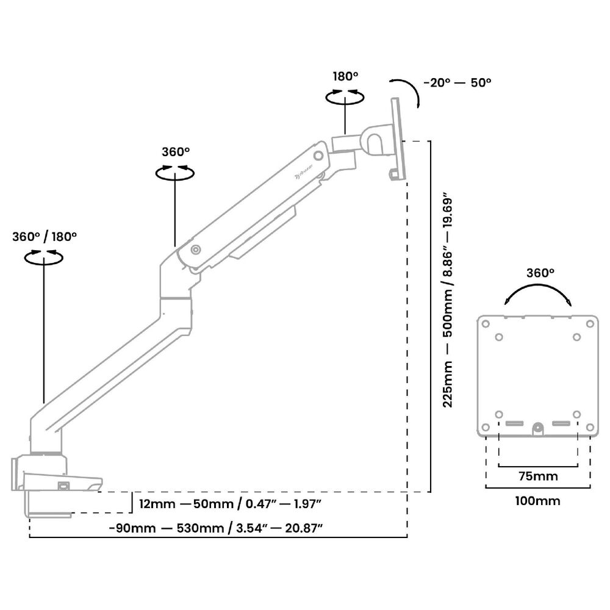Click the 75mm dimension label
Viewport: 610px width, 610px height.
(537, 475)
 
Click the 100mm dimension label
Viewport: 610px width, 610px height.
(537, 501)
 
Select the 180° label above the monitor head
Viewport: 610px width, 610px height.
(345, 76)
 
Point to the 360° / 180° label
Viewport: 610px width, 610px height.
(45, 237)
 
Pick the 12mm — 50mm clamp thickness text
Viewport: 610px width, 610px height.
(230, 504)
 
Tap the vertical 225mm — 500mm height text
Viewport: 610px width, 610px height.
(449, 303)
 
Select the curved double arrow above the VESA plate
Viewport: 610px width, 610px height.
(537, 295)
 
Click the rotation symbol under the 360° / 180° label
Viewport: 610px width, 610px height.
(44, 258)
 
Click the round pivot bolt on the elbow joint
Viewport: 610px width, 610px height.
(195, 249)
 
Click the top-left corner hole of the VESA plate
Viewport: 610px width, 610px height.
(486, 323)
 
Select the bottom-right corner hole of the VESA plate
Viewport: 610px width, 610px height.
(590, 427)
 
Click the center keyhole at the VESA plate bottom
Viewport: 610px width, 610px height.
(537, 428)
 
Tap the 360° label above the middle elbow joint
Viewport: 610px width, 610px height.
(176, 151)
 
